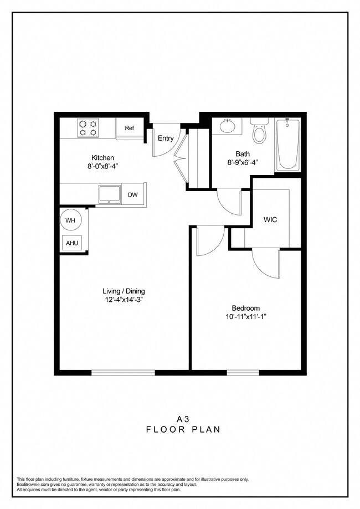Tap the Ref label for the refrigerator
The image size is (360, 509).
pos(129,128)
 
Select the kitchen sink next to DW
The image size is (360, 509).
pos(109,194)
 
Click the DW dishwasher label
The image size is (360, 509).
pos(133,194)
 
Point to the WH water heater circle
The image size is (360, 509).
pos(70,220)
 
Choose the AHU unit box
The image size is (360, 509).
pos(72,243)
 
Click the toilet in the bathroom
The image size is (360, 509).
pos(258,131)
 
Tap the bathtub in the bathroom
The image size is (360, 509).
pos(288,143)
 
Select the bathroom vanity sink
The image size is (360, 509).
pos(228,126)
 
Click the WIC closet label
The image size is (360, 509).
pos(270,219)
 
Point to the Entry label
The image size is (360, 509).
pos(166,138)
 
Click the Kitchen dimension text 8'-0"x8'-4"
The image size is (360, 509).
pos(102,164)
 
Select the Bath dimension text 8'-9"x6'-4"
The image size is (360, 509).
pos(243,163)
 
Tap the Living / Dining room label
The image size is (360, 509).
pos(124,291)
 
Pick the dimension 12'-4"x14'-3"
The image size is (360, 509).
pos(124,300)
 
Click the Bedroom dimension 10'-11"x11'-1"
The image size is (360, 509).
pos(245,317)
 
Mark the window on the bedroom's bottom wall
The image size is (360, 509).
pos(243,372)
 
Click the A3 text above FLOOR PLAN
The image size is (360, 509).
pos(179,419)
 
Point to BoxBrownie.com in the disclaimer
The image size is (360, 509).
pos(34,484)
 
